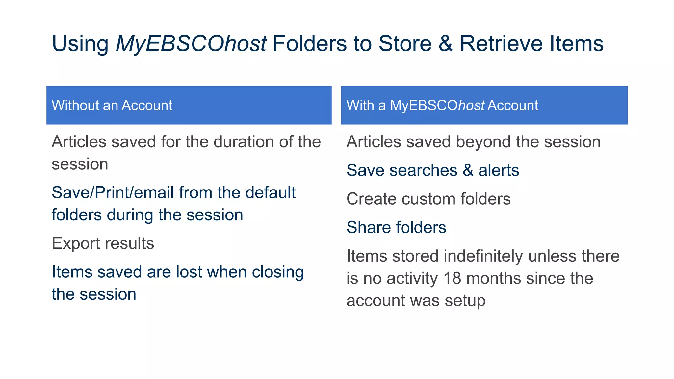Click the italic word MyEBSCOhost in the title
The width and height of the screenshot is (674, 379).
point(191,44)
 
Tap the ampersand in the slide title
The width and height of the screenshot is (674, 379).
point(446,44)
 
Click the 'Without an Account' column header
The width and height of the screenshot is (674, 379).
point(112,106)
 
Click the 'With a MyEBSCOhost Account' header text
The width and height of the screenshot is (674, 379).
point(442,106)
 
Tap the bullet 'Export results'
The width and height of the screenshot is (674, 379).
point(103,243)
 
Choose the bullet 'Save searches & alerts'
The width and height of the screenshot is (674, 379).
point(432,170)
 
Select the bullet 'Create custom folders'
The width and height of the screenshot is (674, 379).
point(428,199)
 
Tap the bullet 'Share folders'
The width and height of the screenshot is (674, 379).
point(396,227)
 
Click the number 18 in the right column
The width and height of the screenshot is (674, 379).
point(452,278)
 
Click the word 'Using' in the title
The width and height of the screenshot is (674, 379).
point(80,44)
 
